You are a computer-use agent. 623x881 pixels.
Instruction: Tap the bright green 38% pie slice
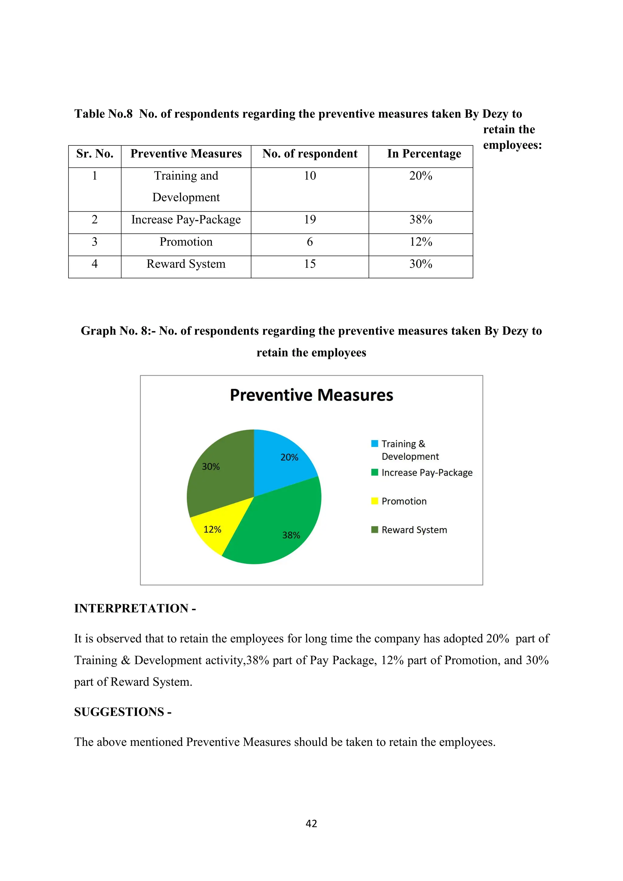click(x=280, y=530)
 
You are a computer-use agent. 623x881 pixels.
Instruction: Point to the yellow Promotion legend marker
click(x=375, y=501)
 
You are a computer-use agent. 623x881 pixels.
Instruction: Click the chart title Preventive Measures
click(x=311, y=395)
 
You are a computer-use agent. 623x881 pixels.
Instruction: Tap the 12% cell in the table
click(x=420, y=242)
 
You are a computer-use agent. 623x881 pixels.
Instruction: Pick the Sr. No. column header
click(x=95, y=154)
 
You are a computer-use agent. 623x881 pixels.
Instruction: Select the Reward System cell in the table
click(x=186, y=264)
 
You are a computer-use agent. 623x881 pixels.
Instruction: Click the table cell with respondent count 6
click(x=310, y=242)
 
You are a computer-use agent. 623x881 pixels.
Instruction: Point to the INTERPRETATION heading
click(x=135, y=608)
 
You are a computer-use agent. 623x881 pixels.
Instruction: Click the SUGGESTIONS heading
click(x=123, y=712)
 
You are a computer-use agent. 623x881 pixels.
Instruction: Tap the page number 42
click(x=311, y=824)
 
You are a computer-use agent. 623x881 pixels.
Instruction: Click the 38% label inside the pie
click(x=291, y=535)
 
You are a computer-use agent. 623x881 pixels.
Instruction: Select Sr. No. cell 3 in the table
click(x=95, y=242)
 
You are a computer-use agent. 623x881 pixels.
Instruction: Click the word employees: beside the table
click(x=512, y=145)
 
